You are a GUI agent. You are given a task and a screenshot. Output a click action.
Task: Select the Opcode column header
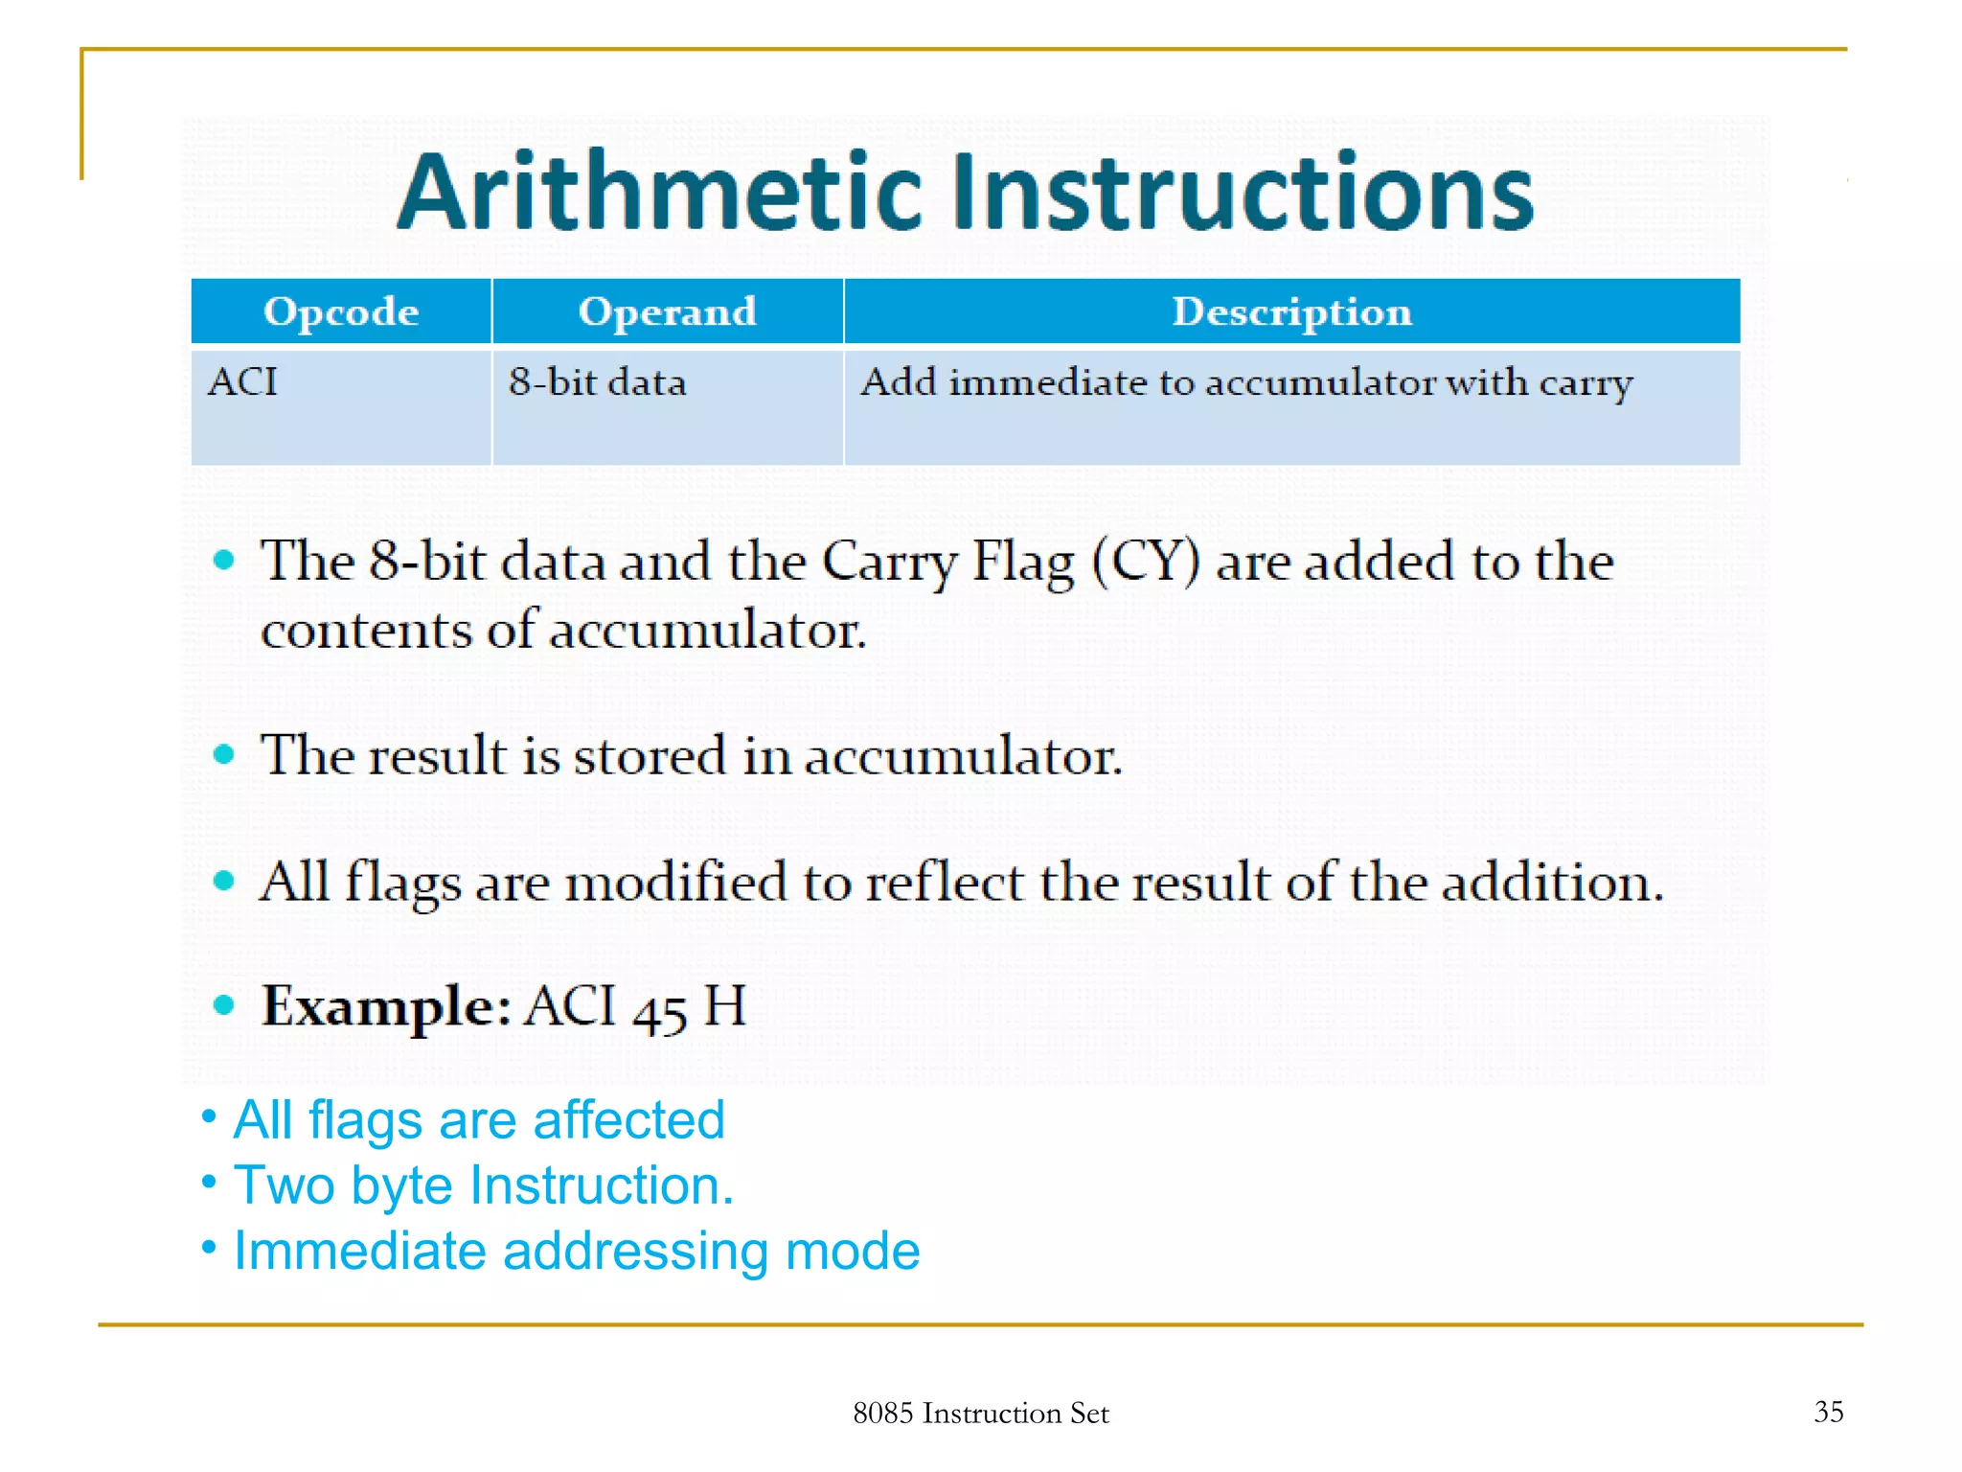[x=341, y=311]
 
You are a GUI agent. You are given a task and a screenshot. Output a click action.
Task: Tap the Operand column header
[x=667, y=311]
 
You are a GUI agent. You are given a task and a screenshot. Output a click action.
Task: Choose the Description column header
[x=1291, y=311]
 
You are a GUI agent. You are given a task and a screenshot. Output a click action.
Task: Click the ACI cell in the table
[x=242, y=381]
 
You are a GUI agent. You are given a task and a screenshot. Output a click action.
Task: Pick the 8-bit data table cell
[x=597, y=381]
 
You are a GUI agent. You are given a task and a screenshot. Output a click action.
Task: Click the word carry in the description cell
[x=1586, y=383]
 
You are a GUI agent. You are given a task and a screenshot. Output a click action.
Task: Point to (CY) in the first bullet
[x=1144, y=561]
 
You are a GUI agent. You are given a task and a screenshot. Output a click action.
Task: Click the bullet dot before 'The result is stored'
[x=224, y=754]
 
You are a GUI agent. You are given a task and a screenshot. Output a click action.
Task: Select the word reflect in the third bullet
[x=945, y=882]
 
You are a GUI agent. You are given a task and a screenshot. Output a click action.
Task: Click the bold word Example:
[x=386, y=1006]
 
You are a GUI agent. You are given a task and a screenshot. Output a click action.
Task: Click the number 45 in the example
[x=659, y=1010]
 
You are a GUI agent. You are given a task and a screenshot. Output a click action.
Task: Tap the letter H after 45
[x=724, y=1006]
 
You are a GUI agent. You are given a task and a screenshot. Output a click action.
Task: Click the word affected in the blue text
[x=627, y=1119]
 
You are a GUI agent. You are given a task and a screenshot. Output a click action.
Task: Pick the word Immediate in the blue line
[x=359, y=1251]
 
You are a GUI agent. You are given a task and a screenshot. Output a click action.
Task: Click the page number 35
[x=1828, y=1411]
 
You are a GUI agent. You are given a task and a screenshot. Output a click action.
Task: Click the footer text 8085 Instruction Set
[x=980, y=1413]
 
